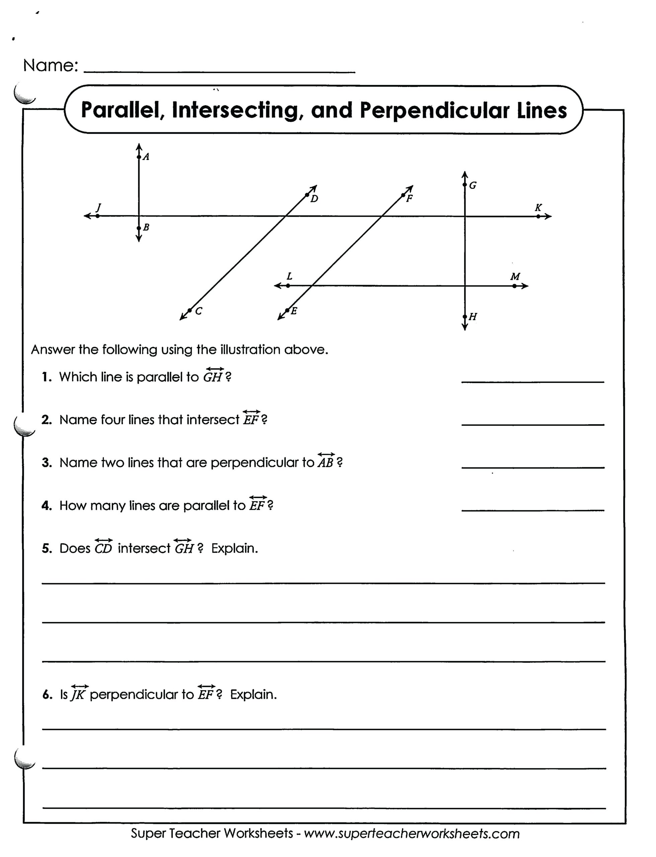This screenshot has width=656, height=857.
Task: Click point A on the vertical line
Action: point(139,157)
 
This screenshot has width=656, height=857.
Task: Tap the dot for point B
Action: point(139,228)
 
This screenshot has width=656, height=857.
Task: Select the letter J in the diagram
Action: point(98,207)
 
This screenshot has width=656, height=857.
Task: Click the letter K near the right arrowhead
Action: point(538,208)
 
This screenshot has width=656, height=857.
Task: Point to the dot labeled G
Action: point(465,185)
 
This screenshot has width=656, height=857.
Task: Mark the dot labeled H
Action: point(465,316)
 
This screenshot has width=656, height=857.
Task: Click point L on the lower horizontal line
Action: point(288,286)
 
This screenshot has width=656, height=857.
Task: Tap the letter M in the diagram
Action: point(515,277)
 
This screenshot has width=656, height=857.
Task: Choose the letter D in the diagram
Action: point(314,199)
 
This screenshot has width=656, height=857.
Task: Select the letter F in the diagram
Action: point(409,199)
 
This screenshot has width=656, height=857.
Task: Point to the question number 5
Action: point(47,548)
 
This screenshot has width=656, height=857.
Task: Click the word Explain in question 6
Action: point(253,695)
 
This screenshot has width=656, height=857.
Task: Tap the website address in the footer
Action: point(412,834)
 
